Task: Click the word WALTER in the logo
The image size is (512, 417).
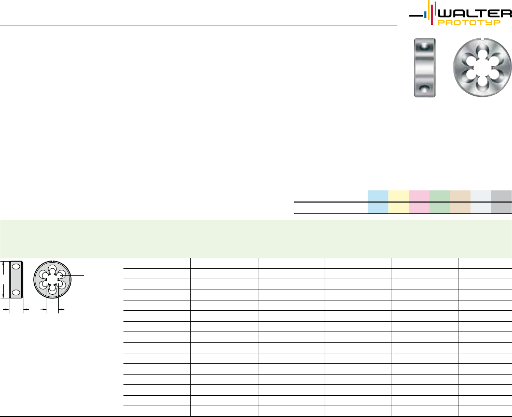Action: (475, 13)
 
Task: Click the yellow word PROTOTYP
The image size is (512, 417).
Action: (469, 22)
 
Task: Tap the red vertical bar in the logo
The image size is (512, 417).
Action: (432, 12)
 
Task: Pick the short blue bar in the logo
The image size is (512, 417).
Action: (425, 15)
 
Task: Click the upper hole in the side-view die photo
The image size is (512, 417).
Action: (424, 47)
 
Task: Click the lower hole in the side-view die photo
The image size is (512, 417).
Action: (424, 89)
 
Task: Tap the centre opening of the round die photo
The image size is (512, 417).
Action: (482, 68)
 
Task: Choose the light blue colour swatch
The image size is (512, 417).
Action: (378, 202)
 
